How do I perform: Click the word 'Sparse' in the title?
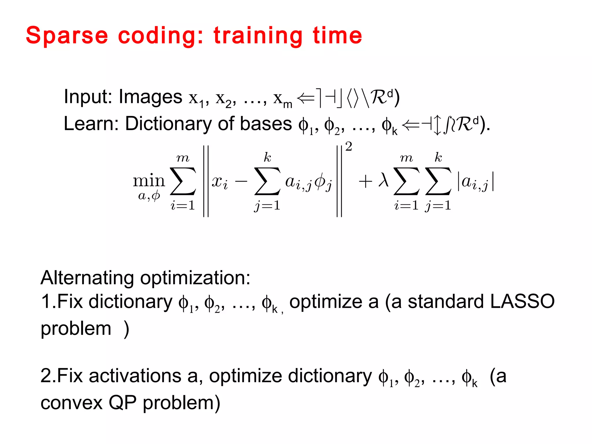click(x=67, y=36)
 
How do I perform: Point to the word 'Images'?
click(x=150, y=97)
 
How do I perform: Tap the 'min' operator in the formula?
click(x=149, y=181)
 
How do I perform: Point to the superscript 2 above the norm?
click(x=349, y=147)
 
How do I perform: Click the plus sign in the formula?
click(x=365, y=182)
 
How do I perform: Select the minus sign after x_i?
click(x=241, y=182)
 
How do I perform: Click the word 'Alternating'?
click(x=87, y=278)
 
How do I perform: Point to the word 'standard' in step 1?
click(x=445, y=301)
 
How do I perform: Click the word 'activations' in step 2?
click(x=135, y=376)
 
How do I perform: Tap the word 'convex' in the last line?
click(x=71, y=403)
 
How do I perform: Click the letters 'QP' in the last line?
click(x=122, y=403)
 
